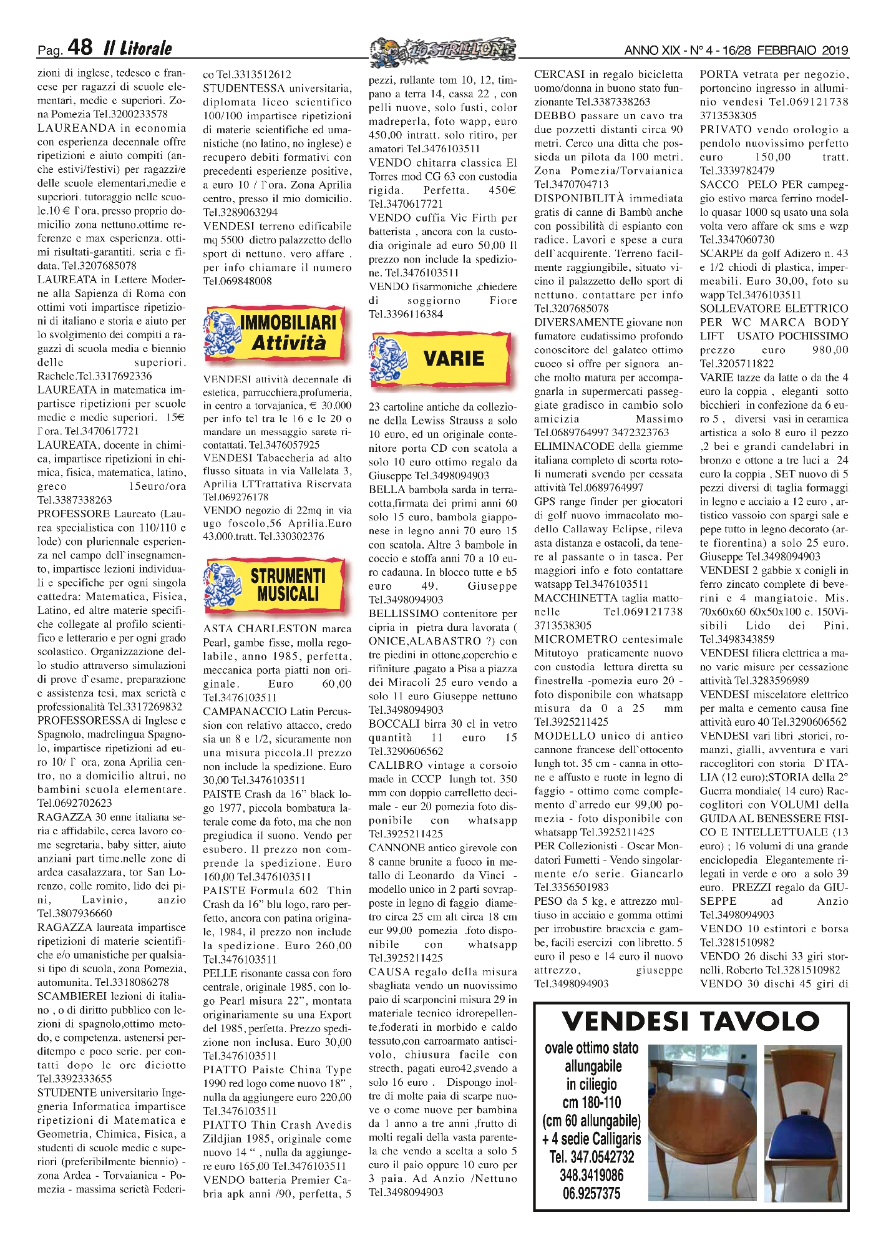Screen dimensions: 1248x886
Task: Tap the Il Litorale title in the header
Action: click(x=137, y=48)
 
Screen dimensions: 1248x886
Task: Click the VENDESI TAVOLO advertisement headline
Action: click(x=690, y=1021)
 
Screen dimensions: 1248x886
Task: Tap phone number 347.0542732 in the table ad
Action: click(x=591, y=1157)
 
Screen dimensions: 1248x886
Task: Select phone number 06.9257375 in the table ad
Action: click(x=591, y=1193)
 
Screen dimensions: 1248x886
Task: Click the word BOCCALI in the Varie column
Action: click(x=394, y=724)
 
